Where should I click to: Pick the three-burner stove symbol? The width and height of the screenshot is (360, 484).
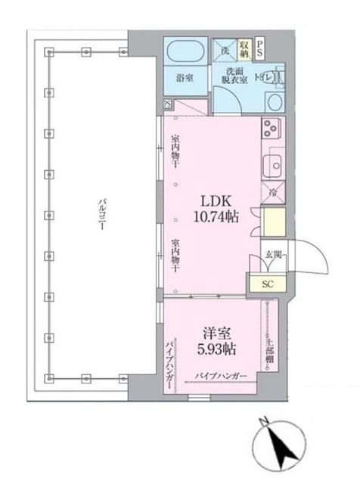(x=272, y=129)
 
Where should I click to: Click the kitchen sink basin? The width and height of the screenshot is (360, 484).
(x=272, y=163)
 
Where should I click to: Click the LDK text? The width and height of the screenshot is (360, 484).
(x=215, y=200)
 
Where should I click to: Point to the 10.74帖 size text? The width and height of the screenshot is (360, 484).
(x=215, y=217)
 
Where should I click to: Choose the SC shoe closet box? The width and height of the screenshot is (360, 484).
(x=266, y=284)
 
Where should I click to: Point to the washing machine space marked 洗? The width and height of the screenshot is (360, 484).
(x=225, y=50)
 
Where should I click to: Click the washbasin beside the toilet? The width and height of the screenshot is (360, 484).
(x=273, y=102)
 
